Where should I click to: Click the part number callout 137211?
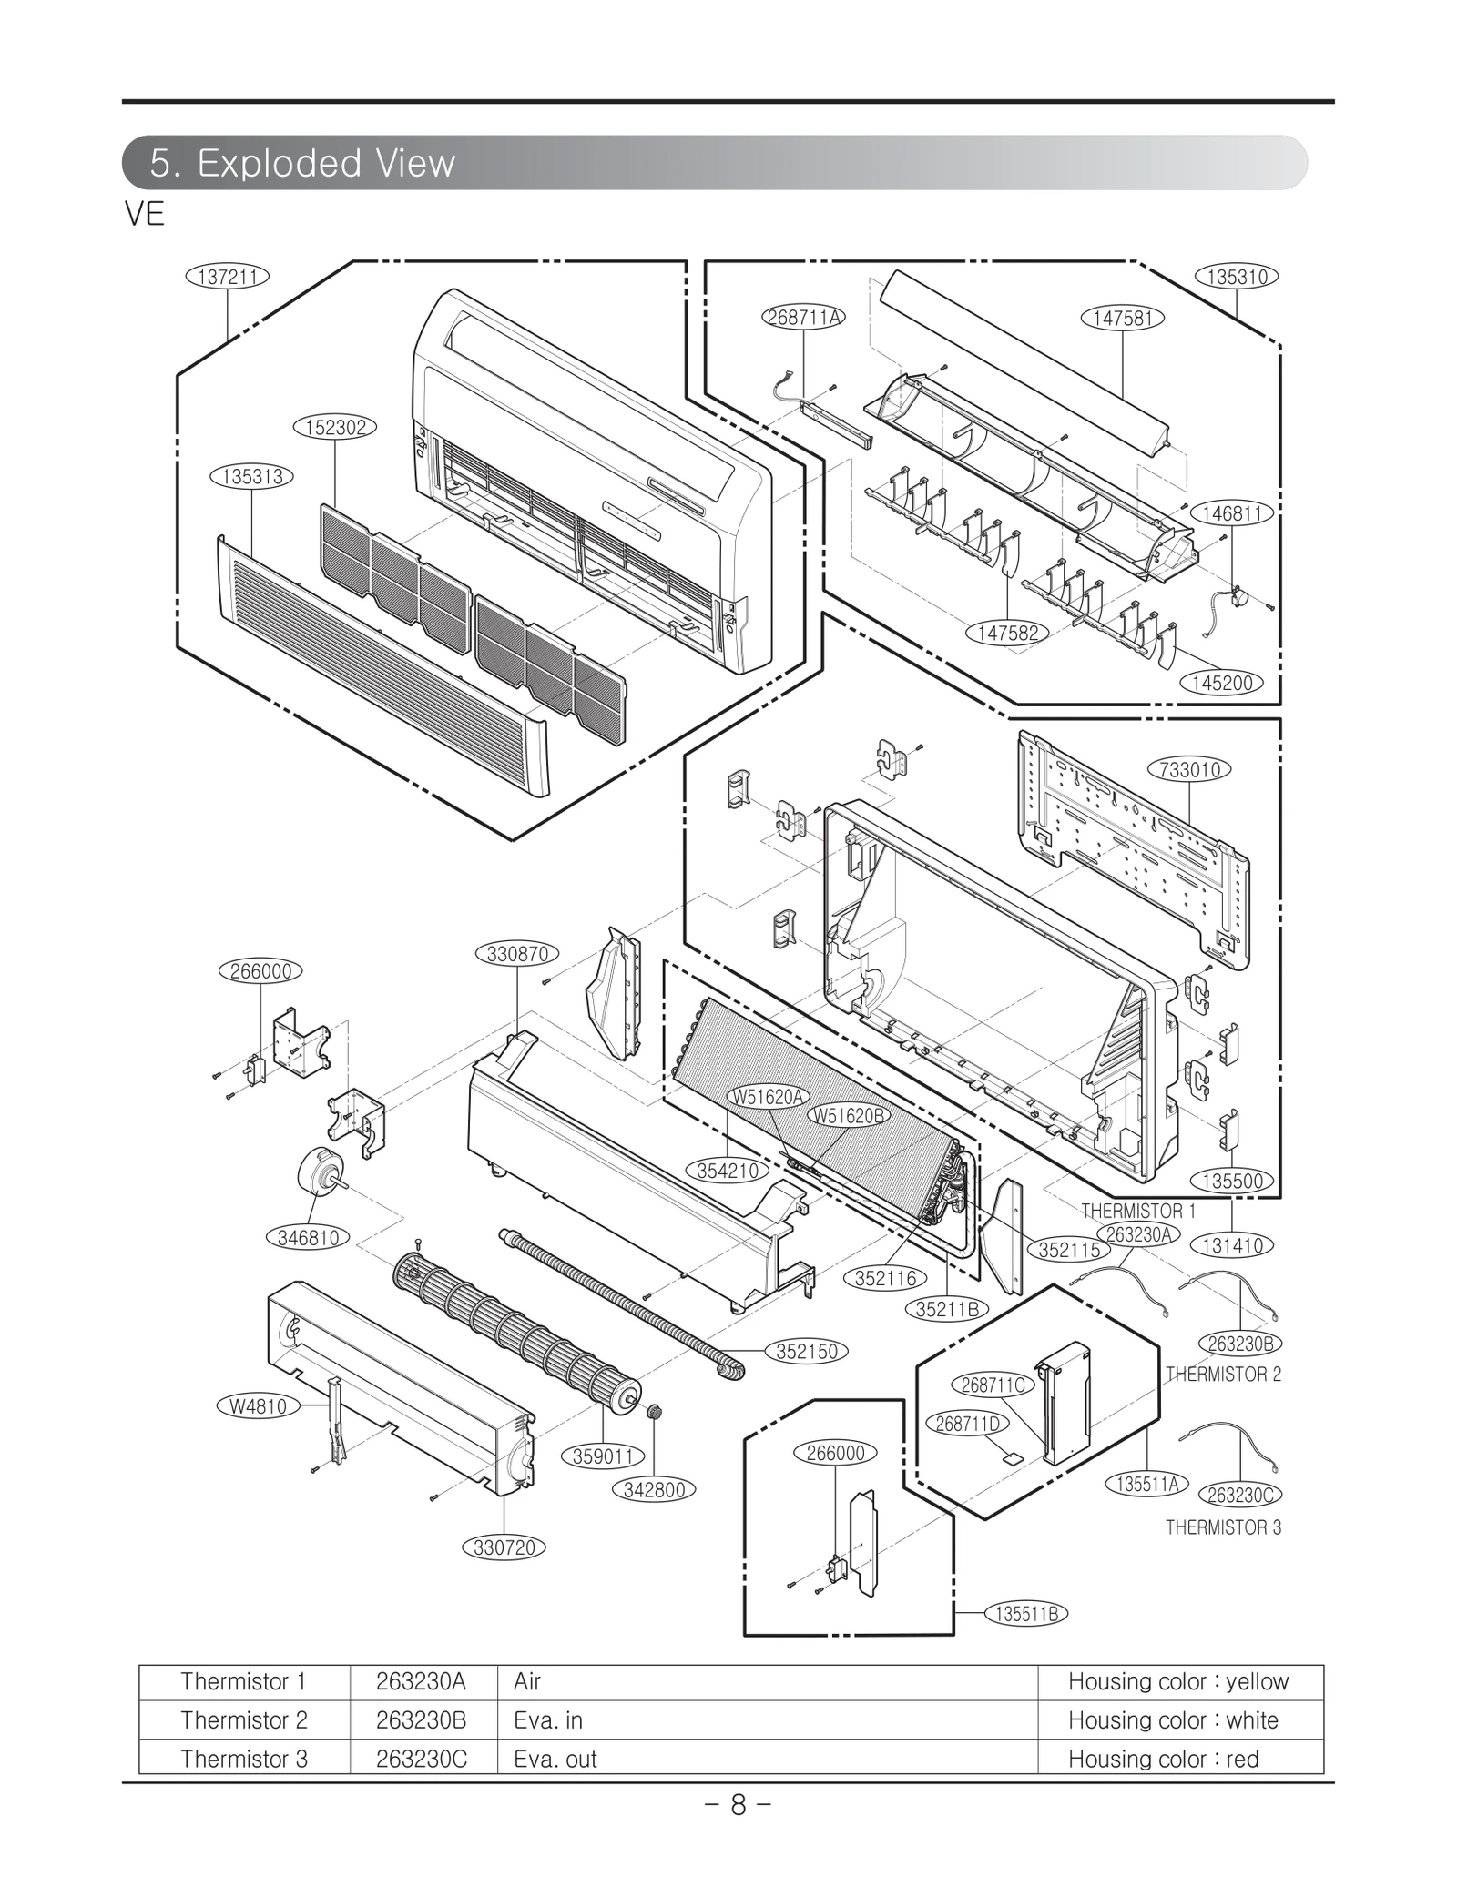(x=227, y=276)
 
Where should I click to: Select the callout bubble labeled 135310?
(x=1237, y=276)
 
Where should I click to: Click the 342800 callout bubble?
(x=654, y=1490)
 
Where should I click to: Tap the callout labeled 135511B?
(x=1026, y=1614)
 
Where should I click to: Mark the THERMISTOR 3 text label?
(x=1223, y=1527)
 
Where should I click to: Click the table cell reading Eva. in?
(x=548, y=1720)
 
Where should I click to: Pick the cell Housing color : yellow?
(x=1178, y=1681)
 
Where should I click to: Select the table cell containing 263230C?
(x=422, y=1759)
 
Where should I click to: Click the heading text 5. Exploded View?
(x=302, y=163)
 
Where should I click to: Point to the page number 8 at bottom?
(x=738, y=1804)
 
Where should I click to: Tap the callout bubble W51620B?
(x=848, y=1115)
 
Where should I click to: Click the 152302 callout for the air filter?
(x=335, y=427)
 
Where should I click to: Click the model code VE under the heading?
(x=145, y=215)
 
